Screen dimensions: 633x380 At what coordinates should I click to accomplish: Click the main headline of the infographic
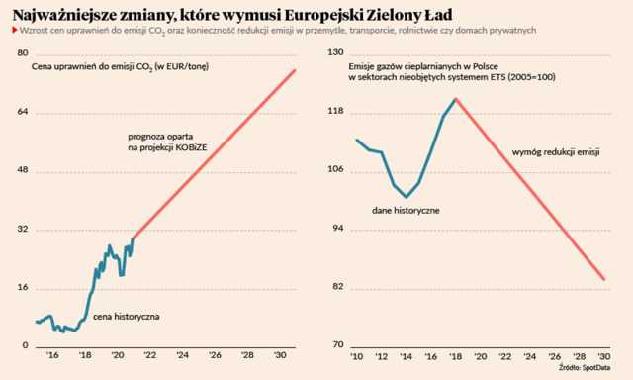(232, 15)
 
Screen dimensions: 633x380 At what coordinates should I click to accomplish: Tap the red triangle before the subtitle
(15, 30)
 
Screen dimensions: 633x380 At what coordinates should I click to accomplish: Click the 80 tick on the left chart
(23, 53)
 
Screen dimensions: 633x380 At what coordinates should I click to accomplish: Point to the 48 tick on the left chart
(23, 169)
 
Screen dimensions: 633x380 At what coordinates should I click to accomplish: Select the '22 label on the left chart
(149, 355)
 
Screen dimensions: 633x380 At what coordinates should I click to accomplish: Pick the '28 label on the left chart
(247, 355)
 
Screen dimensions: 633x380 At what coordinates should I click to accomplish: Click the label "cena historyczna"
(127, 317)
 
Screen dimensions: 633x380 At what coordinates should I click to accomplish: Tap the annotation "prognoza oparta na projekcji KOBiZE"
(167, 142)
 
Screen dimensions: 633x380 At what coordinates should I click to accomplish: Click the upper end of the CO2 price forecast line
(295, 70)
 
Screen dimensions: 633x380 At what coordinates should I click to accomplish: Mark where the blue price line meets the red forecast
(133, 238)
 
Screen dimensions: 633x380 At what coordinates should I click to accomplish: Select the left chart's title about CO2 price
(121, 67)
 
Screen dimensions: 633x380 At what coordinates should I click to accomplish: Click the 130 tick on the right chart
(336, 52)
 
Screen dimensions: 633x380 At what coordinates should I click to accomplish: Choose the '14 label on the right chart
(407, 356)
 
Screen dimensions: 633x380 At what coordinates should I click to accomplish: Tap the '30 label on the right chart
(604, 356)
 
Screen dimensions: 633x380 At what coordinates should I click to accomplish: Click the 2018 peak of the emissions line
(455, 99)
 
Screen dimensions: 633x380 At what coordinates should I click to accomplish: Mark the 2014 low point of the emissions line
(407, 197)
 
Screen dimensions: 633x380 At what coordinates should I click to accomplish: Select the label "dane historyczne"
(406, 211)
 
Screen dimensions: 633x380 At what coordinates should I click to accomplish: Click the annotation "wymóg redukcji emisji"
(556, 152)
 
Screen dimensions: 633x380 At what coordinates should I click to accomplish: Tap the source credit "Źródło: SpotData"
(585, 368)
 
